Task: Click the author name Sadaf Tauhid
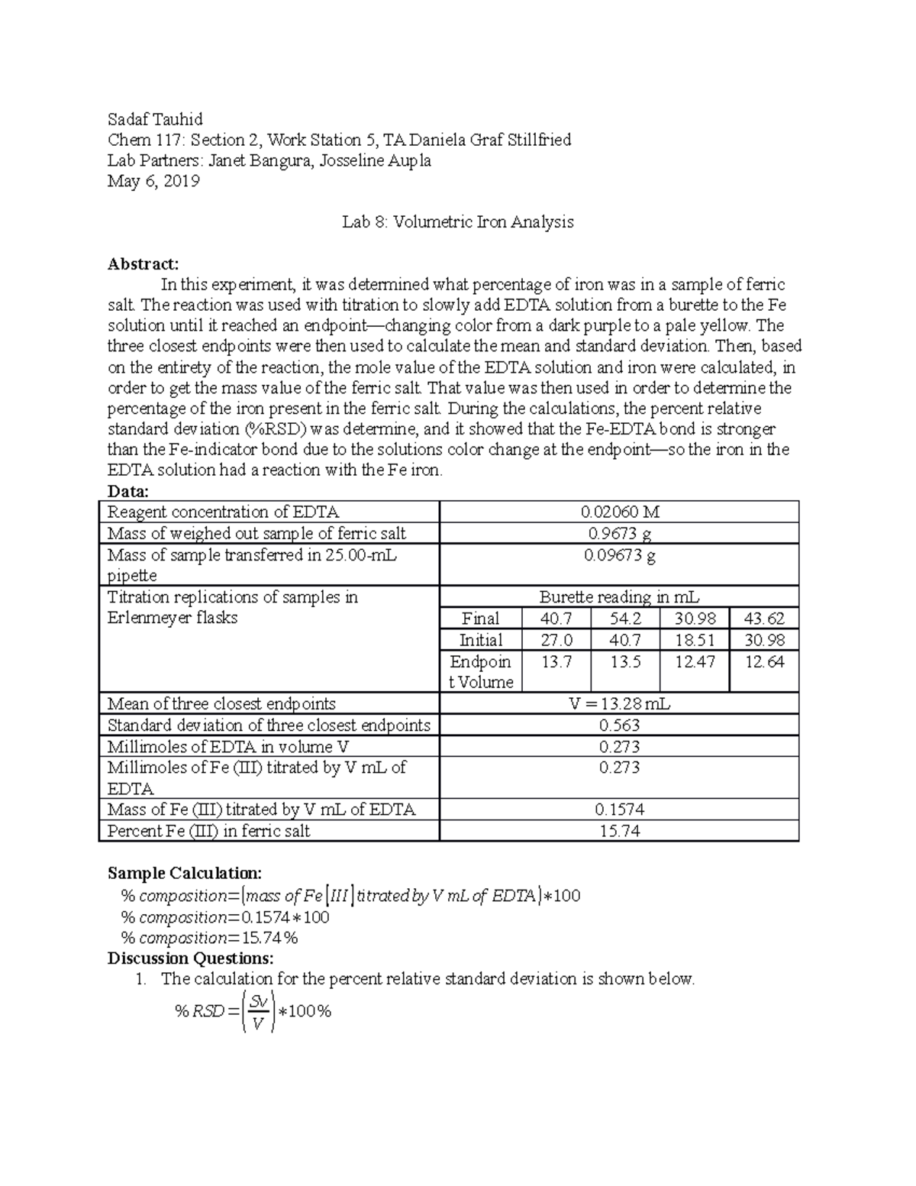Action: click(x=155, y=119)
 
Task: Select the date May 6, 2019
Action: click(x=153, y=181)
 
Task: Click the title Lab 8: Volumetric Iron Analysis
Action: click(x=457, y=222)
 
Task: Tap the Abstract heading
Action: click(x=143, y=264)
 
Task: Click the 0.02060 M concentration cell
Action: click(x=619, y=512)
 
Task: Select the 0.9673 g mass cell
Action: click(x=619, y=533)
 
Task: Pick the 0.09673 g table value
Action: click(x=619, y=555)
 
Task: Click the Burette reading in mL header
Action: click(x=619, y=597)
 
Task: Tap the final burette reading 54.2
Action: click(x=625, y=619)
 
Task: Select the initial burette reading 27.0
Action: click(x=556, y=640)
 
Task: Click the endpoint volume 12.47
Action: click(x=695, y=661)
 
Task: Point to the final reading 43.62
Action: click(x=764, y=619)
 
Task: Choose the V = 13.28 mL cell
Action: click(x=619, y=703)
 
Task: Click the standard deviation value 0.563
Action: click(x=619, y=725)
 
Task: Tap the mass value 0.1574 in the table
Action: click(x=619, y=810)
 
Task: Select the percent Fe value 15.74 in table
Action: click(x=619, y=831)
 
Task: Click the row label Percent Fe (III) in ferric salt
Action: click(x=209, y=831)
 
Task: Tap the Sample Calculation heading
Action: click(x=185, y=873)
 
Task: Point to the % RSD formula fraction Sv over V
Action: click(x=258, y=1012)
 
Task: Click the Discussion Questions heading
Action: click(x=190, y=958)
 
